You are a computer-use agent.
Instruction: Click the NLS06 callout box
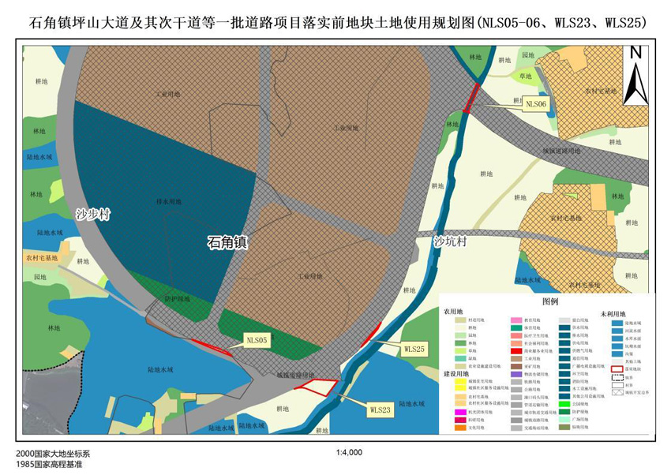point(536,103)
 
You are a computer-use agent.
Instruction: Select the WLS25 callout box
point(414,348)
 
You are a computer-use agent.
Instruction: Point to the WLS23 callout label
point(380,410)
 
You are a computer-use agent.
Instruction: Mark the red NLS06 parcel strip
point(472,96)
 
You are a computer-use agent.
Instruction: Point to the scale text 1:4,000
point(349,453)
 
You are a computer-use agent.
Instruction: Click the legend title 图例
point(549,301)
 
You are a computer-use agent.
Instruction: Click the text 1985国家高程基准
point(49,465)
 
